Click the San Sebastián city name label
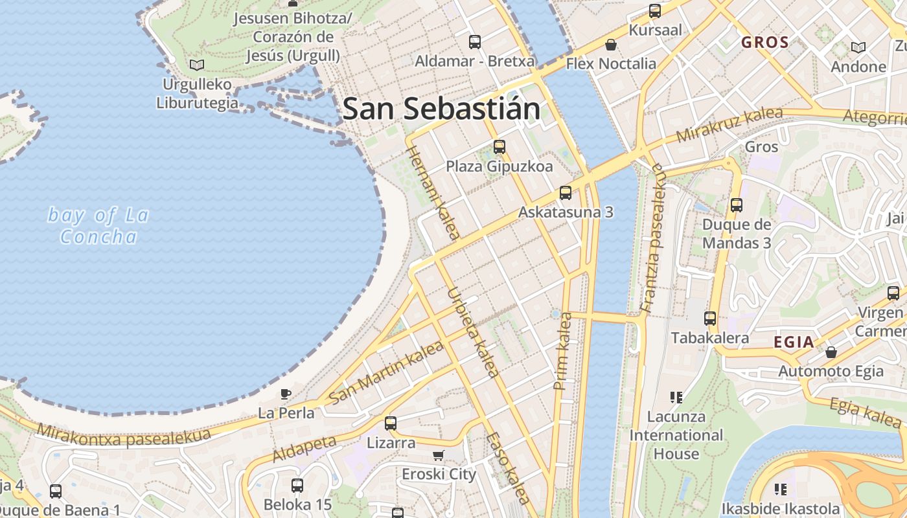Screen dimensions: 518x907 point(441,109)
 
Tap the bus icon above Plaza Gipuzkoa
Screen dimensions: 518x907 point(499,147)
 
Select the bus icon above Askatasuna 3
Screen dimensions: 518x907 point(566,192)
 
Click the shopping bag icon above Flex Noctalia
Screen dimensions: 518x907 point(610,45)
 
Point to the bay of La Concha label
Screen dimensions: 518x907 point(98,225)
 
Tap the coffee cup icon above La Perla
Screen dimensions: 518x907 point(285,394)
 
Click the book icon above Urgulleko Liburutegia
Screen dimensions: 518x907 point(196,65)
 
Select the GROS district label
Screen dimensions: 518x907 point(765,43)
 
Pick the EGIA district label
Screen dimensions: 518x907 point(794,343)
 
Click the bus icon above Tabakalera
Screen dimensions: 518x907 point(710,319)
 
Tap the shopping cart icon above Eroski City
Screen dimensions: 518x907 point(439,455)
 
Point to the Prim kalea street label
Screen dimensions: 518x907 point(562,351)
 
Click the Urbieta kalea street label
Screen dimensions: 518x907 point(473,332)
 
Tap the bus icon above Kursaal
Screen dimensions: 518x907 point(655,11)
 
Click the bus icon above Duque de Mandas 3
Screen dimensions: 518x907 point(737,205)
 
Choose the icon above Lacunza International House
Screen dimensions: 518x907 point(676,397)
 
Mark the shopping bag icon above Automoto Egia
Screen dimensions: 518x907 point(831,352)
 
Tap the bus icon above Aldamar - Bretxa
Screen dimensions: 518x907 point(475,42)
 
